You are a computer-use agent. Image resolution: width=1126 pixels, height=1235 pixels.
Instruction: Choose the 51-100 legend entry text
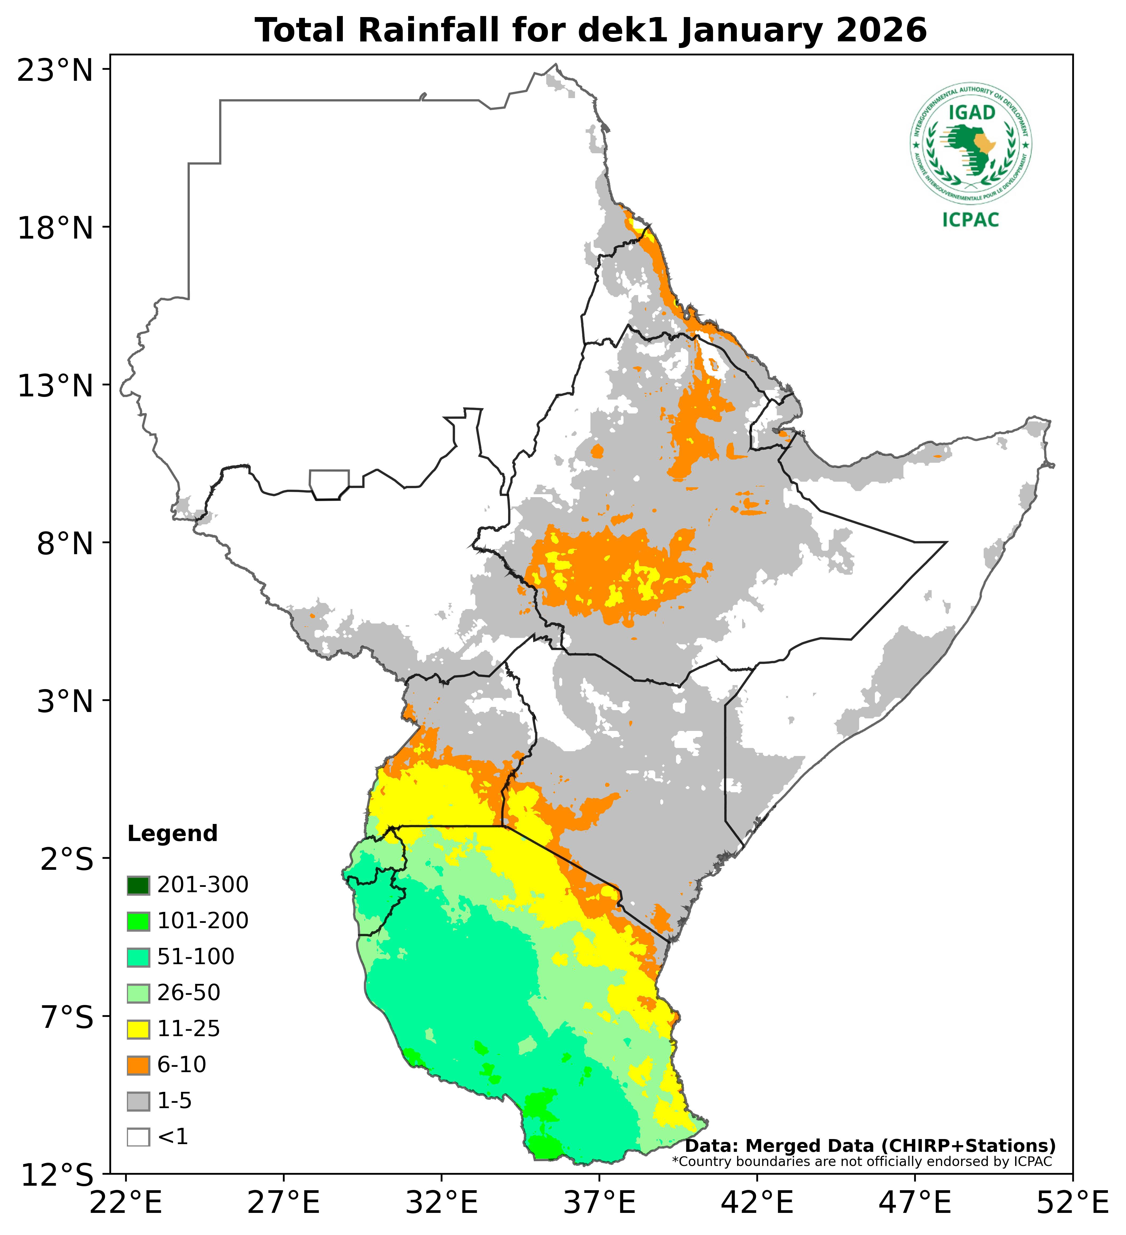point(196,957)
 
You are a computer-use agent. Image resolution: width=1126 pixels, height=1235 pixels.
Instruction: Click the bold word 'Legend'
point(172,834)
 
